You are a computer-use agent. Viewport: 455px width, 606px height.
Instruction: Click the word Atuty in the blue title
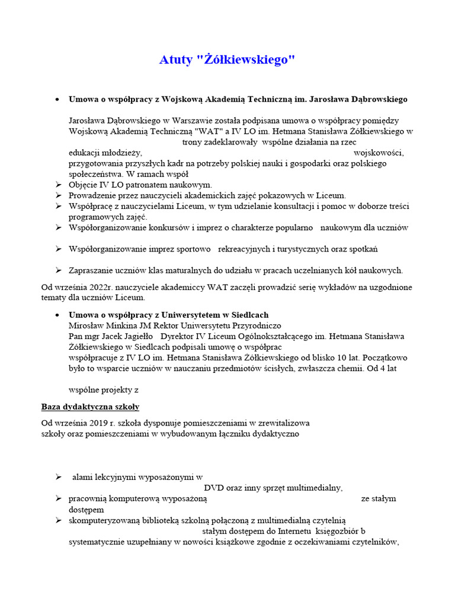pos(175,60)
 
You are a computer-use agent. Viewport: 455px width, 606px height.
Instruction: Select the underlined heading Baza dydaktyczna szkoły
pos(90,407)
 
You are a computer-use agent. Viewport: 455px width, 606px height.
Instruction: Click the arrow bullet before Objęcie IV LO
pos(59,185)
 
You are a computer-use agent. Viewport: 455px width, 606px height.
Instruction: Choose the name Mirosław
pos(86,325)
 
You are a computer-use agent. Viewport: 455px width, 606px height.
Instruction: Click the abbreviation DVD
pos(215,488)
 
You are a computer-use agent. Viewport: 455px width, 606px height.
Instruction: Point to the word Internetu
pos(292,531)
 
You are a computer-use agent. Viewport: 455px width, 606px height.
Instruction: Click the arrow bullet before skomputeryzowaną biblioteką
pos(59,520)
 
